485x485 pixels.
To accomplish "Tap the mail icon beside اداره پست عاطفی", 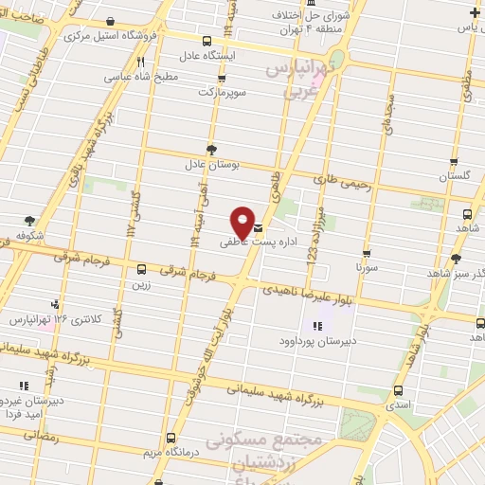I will pyautogui.click(x=259, y=227).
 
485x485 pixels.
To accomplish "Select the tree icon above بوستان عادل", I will pyautogui.click(x=211, y=149).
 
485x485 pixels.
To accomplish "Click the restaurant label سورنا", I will pyautogui.click(x=367, y=268).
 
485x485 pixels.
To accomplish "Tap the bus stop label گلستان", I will pyautogui.click(x=454, y=175).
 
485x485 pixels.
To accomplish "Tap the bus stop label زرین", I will pyautogui.click(x=141, y=282).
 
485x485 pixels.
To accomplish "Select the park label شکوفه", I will pyautogui.click(x=31, y=235).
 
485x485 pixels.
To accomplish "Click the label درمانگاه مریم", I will pyautogui.click(x=171, y=451).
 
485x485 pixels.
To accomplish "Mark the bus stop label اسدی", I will pyautogui.click(x=398, y=404).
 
